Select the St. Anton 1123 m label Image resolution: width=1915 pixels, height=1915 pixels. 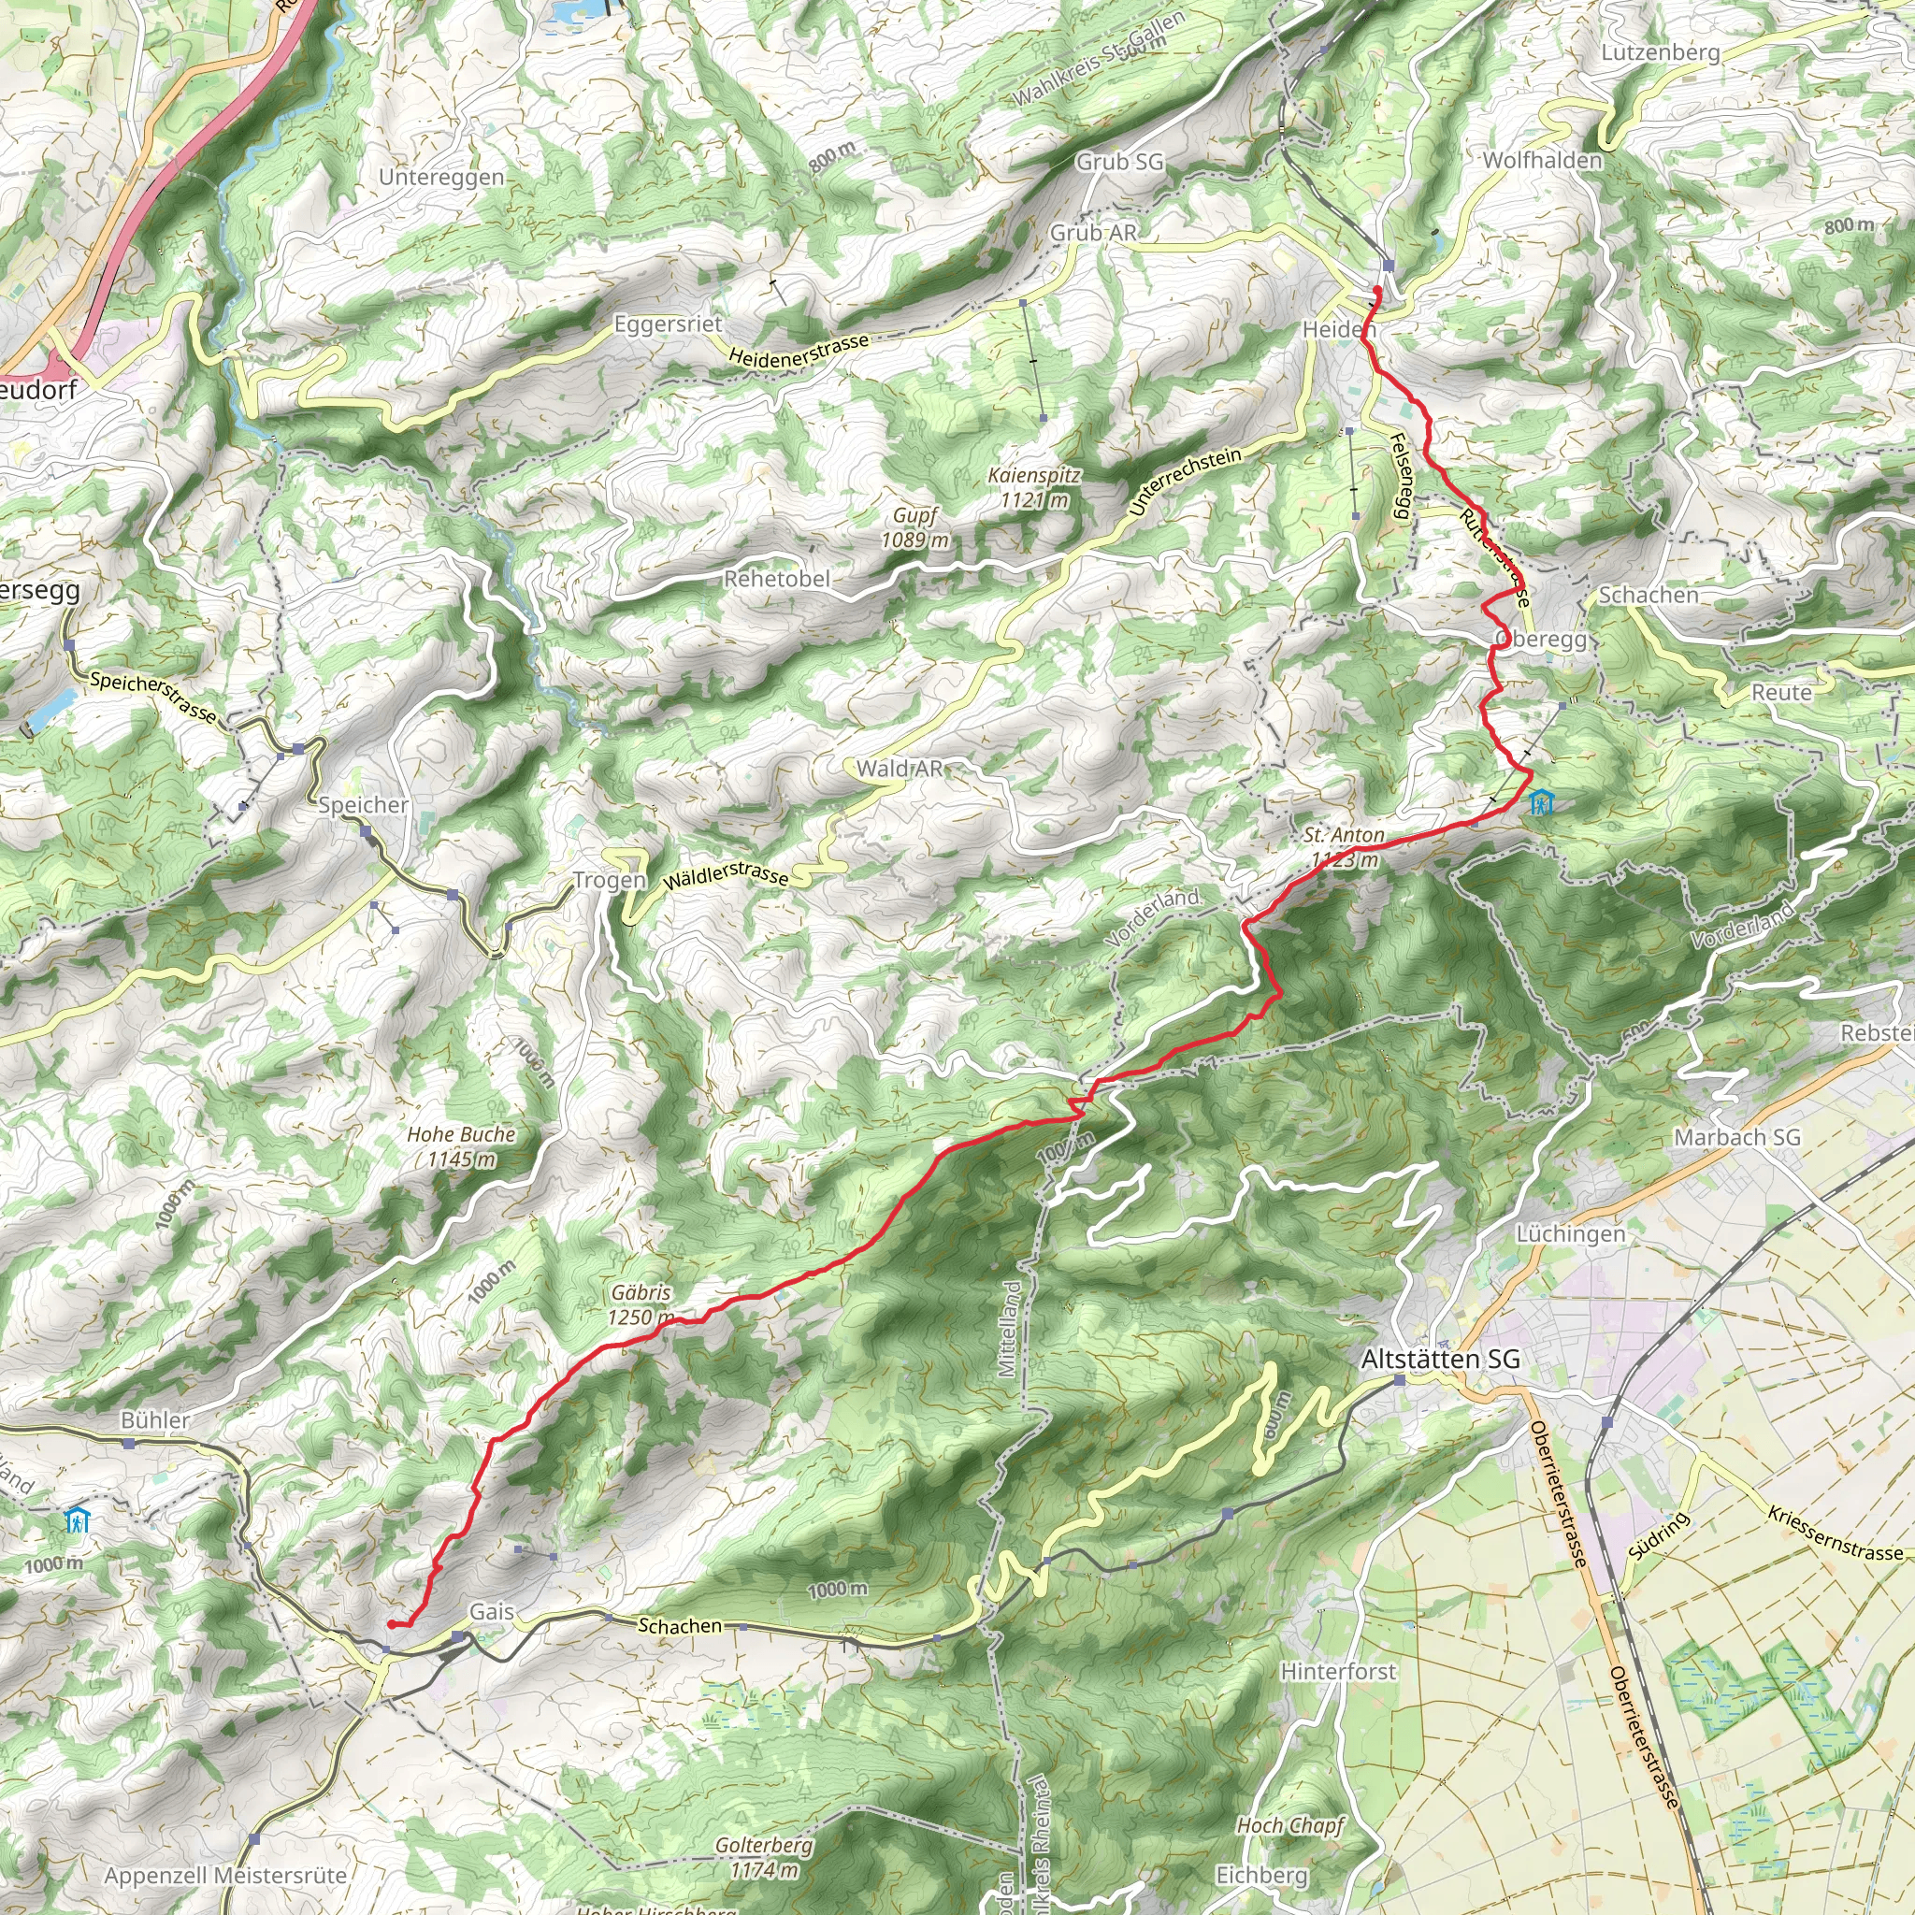coord(1344,847)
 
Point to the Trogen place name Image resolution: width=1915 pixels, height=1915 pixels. coord(609,880)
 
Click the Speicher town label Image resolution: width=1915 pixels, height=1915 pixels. coord(363,805)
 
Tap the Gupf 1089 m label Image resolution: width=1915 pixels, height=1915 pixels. coord(914,527)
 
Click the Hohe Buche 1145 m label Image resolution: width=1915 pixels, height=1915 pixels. coord(461,1145)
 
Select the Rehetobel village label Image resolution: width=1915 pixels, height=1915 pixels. coord(776,579)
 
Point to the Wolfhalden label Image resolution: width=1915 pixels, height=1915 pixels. coord(1542,161)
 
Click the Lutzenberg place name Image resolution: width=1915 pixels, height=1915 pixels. coord(1661,52)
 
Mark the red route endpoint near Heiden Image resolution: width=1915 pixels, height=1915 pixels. coord(1376,290)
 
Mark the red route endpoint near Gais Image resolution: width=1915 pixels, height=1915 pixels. coord(392,1624)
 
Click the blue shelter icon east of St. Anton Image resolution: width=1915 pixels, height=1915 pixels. coord(1540,801)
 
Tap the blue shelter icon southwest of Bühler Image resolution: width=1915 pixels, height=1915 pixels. coord(77,1519)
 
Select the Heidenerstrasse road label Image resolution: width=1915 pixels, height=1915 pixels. coord(798,349)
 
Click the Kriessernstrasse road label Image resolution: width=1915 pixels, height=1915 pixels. coord(1836,1534)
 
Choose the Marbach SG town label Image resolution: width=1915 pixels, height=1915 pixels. coord(1736,1137)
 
